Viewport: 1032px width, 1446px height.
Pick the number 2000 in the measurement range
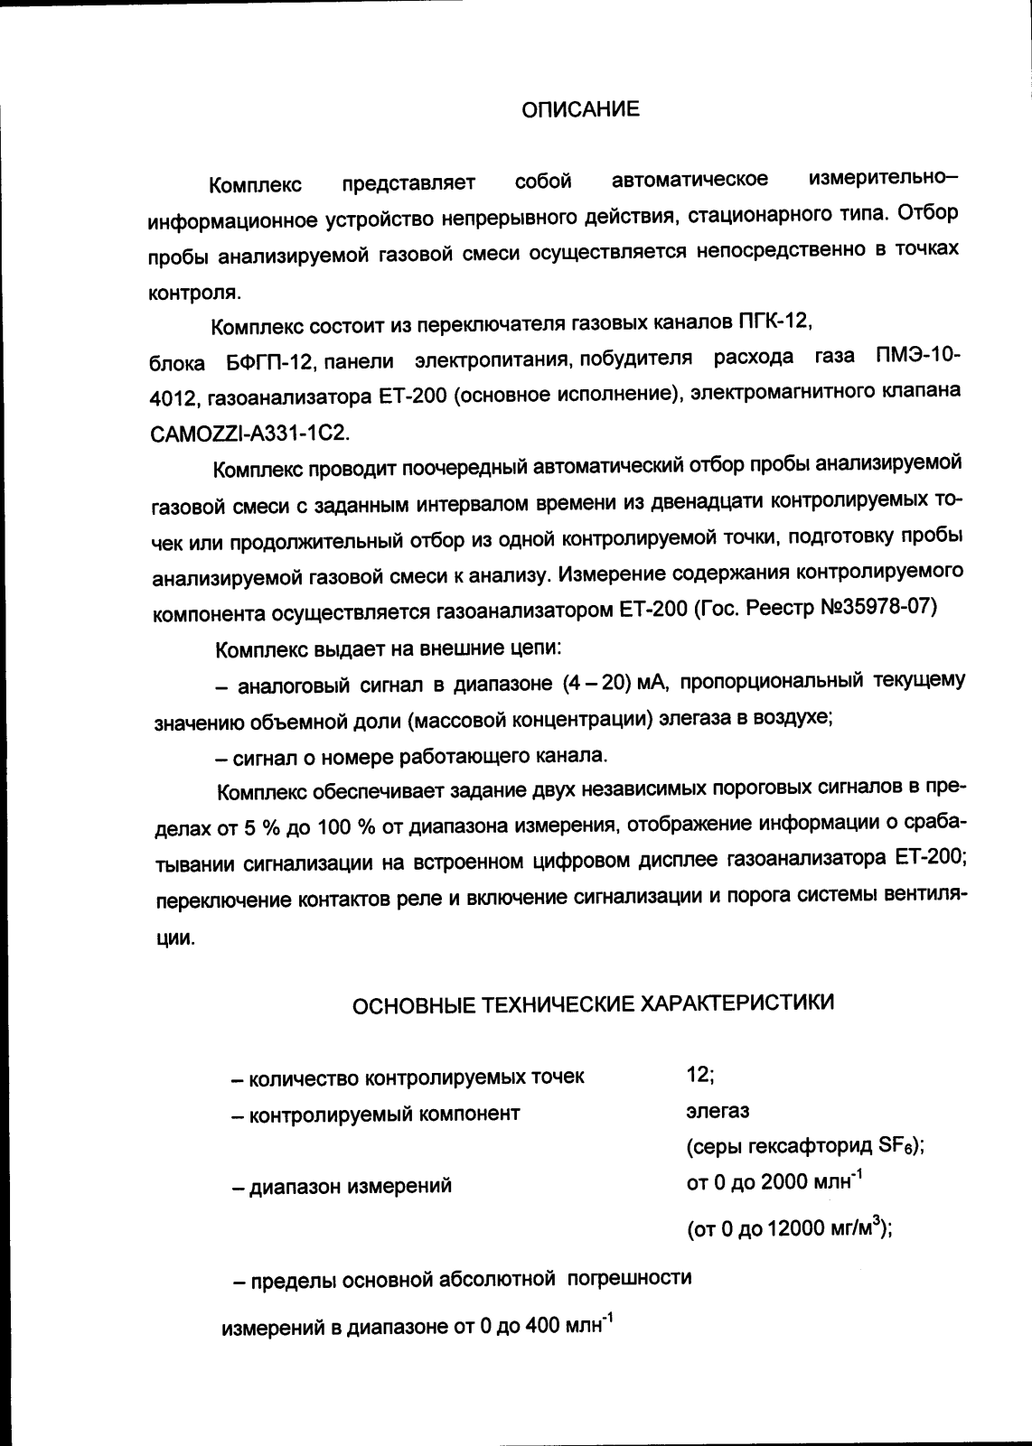click(x=783, y=1182)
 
